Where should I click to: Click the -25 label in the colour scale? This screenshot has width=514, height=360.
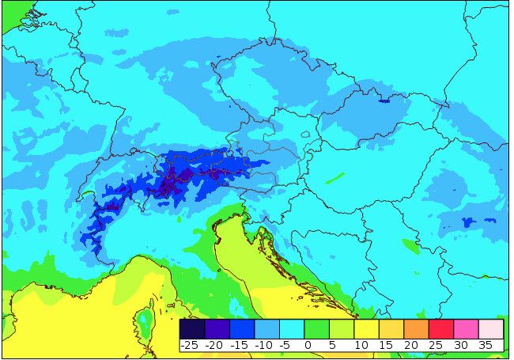point(189,345)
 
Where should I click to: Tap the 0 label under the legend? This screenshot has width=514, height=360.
point(307,345)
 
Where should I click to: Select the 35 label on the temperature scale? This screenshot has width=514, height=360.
point(486,345)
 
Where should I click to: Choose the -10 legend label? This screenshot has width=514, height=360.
point(266,345)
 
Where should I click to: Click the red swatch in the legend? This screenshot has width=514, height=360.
point(440,328)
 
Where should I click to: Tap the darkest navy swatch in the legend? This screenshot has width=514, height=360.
point(192,328)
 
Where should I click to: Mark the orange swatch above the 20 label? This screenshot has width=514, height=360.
point(416,328)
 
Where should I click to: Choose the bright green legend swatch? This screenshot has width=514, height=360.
point(316,328)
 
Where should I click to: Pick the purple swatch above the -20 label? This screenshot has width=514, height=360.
point(217,328)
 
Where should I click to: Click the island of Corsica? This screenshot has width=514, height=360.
point(145,320)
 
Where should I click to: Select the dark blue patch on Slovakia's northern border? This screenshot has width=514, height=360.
point(384,100)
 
